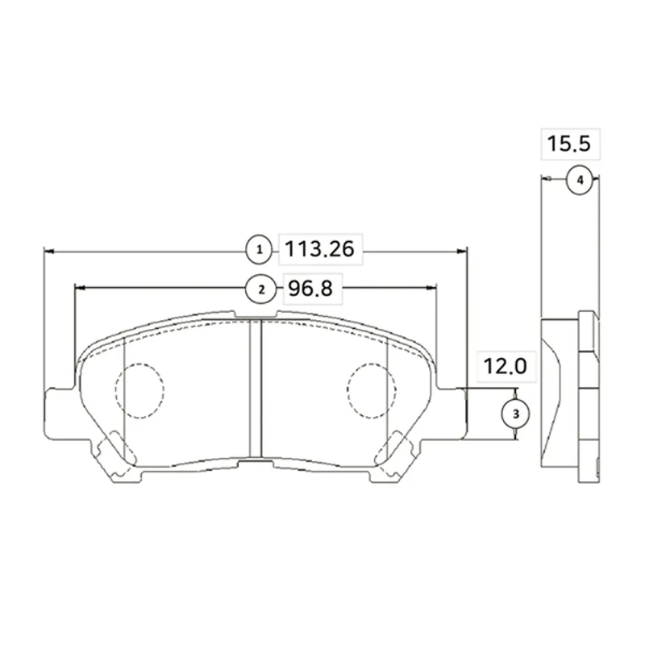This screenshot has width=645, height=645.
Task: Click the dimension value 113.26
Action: [319, 249]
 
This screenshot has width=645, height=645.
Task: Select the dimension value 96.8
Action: [310, 289]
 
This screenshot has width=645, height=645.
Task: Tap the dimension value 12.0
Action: [505, 366]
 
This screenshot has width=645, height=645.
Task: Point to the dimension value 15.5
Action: [568, 144]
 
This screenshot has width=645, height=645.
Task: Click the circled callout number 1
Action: [259, 250]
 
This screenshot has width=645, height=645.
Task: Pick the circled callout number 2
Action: [261, 289]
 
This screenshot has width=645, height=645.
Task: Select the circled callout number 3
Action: [515, 414]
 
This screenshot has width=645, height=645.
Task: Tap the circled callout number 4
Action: [580, 180]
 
